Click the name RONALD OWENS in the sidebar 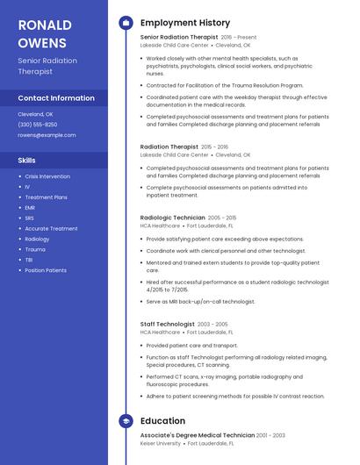point(43,32)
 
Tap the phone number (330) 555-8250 point(38,125)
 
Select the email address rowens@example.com point(47,135)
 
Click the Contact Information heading point(56,98)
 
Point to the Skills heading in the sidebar point(27,161)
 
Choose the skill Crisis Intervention point(47,176)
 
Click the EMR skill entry point(30,208)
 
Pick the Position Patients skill point(46,270)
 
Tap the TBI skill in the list point(29,260)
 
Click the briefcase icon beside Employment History point(126,23)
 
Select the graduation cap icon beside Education point(126,421)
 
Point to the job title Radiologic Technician point(172,218)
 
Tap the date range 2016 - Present point(239,38)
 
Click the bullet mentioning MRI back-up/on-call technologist point(201,302)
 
